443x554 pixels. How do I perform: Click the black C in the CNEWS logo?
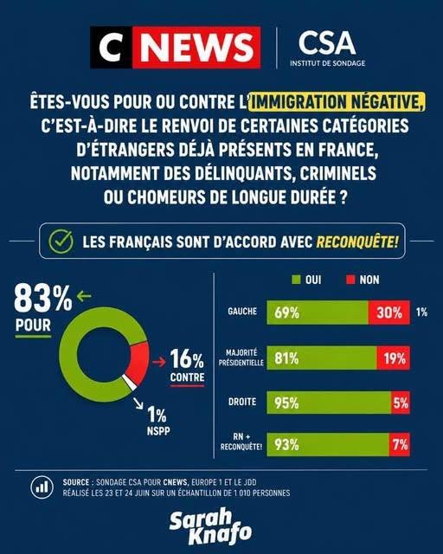click(x=111, y=47)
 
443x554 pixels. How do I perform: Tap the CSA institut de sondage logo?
click(x=327, y=48)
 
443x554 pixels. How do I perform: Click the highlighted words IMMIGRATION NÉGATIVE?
click(x=337, y=102)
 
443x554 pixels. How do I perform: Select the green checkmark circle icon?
click(x=61, y=242)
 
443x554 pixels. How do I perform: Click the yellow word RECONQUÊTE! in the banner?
click(x=357, y=242)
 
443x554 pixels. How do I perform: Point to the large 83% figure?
click(x=42, y=300)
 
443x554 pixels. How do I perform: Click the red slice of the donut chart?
click(x=139, y=363)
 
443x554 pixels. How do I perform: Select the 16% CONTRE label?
click(x=187, y=367)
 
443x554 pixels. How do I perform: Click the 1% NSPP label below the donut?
click(x=158, y=421)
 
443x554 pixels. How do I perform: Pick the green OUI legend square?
click(x=296, y=280)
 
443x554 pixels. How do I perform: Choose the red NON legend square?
click(x=350, y=280)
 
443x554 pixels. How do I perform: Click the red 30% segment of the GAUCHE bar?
click(x=389, y=312)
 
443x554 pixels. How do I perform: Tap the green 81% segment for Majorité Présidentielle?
click(x=322, y=358)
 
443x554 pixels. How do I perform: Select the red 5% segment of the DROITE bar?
click(x=401, y=403)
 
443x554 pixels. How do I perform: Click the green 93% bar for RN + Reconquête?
click(x=328, y=444)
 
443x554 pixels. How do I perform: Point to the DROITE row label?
click(x=242, y=402)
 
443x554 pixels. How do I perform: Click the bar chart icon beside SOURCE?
click(x=42, y=487)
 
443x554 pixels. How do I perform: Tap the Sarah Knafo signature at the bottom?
click(x=211, y=526)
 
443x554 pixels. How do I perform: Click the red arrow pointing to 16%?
click(x=159, y=362)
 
